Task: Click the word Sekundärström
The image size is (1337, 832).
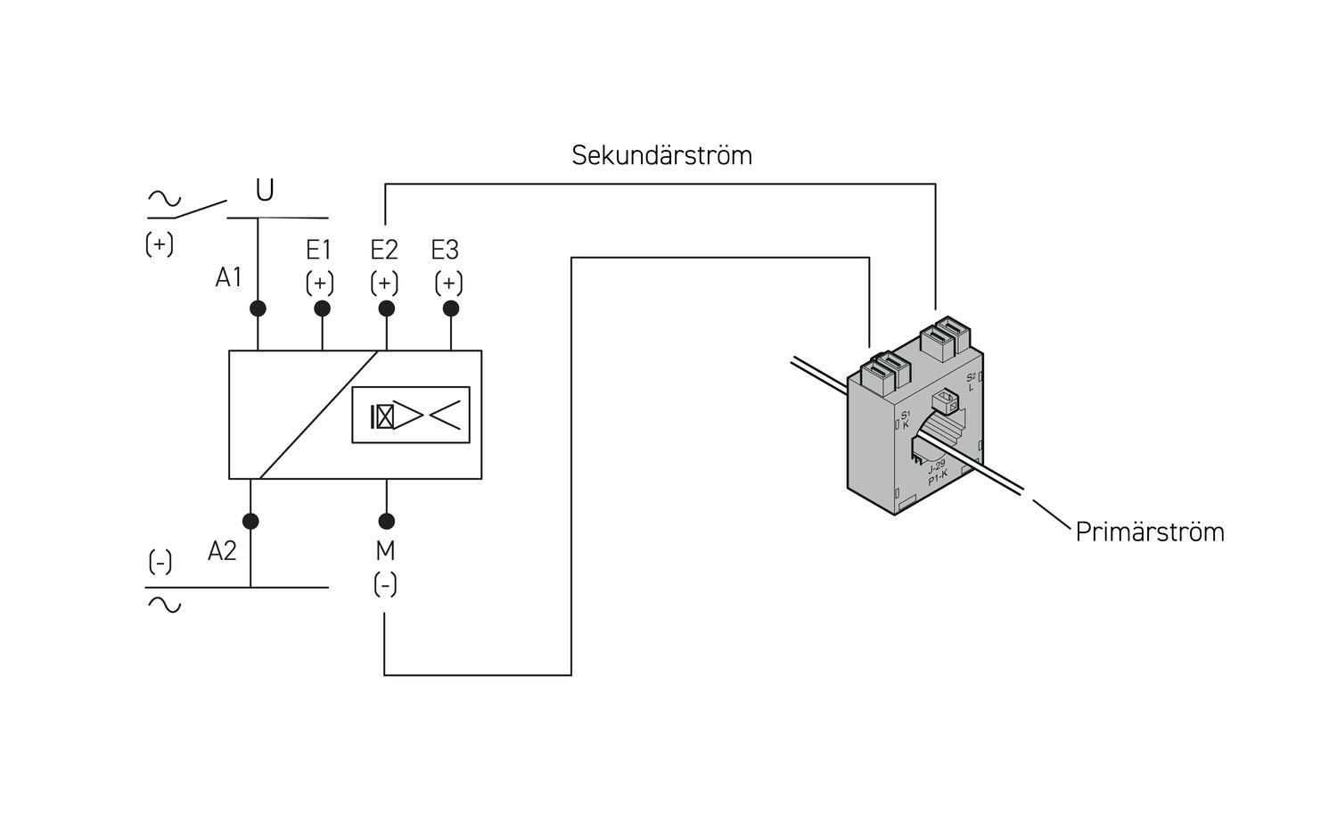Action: point(661,155)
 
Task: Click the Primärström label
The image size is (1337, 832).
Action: point(1149,531)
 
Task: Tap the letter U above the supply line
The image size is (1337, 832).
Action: point(265,191)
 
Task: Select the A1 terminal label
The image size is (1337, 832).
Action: point(228,278)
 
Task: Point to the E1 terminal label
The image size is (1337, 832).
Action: point(319,250)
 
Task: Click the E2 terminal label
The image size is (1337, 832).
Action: point(384,250)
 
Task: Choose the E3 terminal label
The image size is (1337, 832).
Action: point(445,250)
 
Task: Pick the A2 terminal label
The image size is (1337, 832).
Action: point(222,551)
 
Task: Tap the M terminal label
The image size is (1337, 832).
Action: point(385,551)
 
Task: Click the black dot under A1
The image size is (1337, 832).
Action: point(258,309)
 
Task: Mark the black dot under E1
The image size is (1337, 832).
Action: point(323,309)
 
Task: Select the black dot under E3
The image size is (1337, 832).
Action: point(451,309)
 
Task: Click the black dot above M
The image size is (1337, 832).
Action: point(386,521)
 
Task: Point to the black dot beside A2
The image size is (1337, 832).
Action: point(250,521)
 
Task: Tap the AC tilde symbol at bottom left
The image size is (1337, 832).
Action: point(164,605)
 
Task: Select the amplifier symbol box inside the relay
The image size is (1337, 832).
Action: point(411,416)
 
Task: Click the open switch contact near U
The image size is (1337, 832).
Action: point(200,210)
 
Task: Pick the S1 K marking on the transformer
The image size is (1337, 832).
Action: point(905,419)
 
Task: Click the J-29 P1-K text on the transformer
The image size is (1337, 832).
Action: point(937,473)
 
